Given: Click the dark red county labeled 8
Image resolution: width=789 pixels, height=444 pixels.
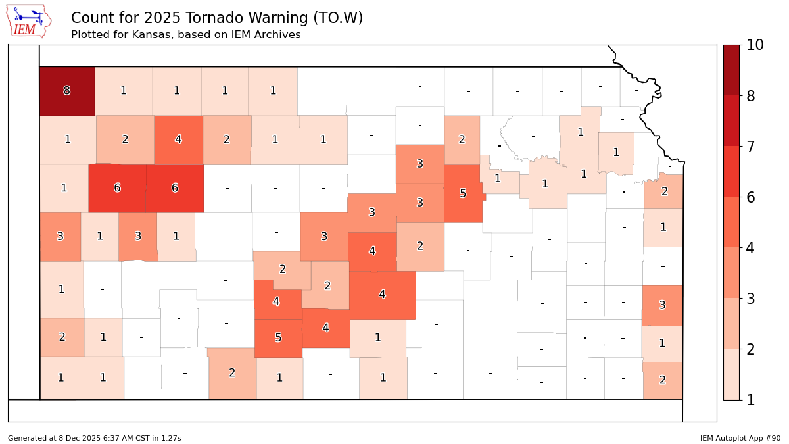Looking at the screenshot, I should coord(66,91).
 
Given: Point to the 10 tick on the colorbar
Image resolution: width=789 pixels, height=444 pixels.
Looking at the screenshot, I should coord(755,45).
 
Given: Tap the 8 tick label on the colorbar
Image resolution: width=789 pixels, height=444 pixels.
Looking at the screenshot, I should coord(755,96).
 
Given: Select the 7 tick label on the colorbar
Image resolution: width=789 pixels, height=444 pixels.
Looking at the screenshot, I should coord(755,146).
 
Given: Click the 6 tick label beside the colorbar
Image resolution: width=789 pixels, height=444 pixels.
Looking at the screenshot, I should coord(755,197).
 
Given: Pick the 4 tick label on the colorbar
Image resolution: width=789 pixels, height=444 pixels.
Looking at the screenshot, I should coord(755,248).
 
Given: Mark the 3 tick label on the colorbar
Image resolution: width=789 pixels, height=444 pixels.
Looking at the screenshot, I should coord(755,299).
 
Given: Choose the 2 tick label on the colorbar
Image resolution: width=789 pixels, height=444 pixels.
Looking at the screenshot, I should coord(755,349).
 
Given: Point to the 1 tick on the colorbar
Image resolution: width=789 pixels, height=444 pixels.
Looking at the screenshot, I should coord(755,400).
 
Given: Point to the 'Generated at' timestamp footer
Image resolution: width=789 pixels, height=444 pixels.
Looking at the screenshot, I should coord(94,438).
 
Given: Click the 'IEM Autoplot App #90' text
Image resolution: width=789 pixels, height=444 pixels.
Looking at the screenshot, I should coord(740,438).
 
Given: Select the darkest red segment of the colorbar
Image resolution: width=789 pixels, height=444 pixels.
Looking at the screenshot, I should coord(731,70).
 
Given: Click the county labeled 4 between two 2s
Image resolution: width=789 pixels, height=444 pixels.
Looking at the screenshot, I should coord(178,139).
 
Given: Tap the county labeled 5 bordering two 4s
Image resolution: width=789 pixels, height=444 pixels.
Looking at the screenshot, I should coord(278,338).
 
